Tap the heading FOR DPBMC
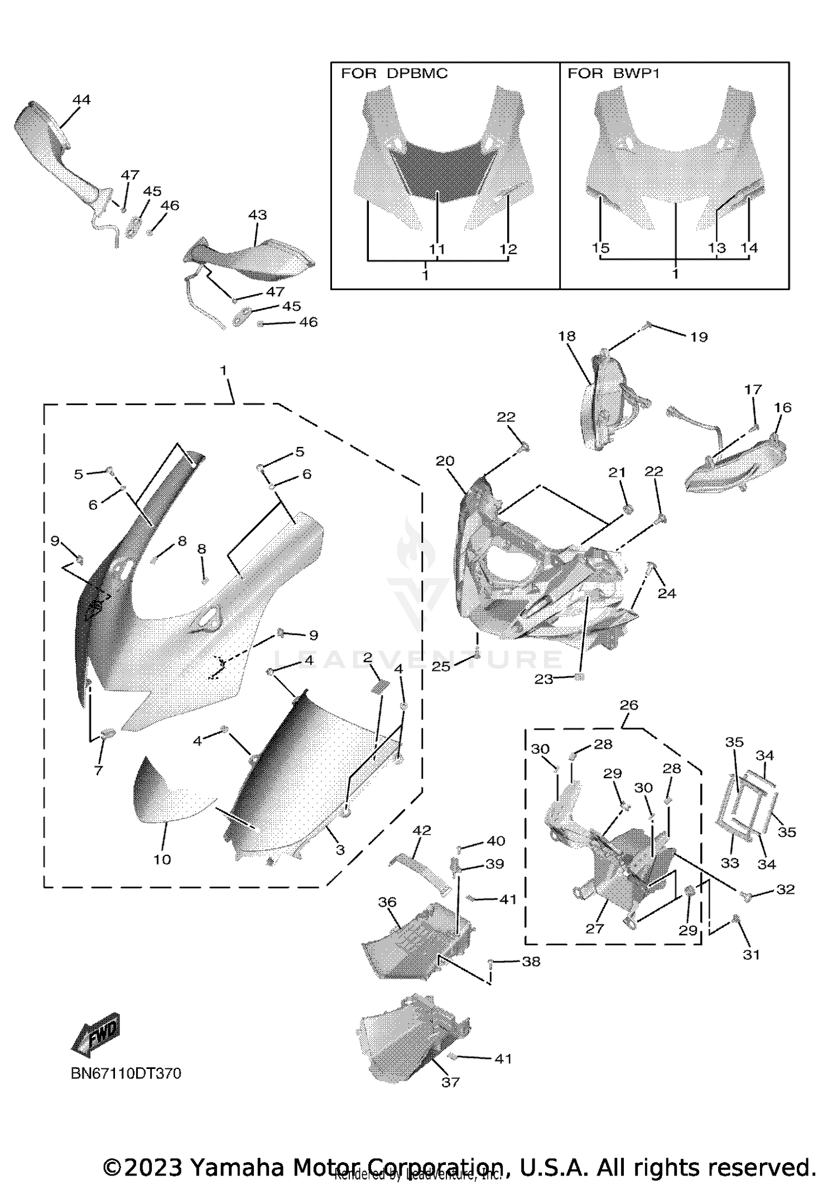pos(394,74)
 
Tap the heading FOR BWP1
pos(613,74)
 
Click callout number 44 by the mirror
pos(81,100)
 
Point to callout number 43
pos(257,215)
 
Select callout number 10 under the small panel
pos(162,860)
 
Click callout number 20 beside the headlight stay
pos(445,461)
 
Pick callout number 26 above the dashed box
pos(629,705)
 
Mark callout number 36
pos(387,902)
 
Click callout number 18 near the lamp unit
pos(566,336)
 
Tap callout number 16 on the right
pos(783,408)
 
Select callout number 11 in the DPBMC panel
pos(437,249)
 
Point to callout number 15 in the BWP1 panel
pos(600,248)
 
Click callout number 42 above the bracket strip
pos(421,830)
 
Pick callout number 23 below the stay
pos(544,679)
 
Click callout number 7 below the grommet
pos(99,770)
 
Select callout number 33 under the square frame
pos(730,863)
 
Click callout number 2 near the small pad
pos(367,658)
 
